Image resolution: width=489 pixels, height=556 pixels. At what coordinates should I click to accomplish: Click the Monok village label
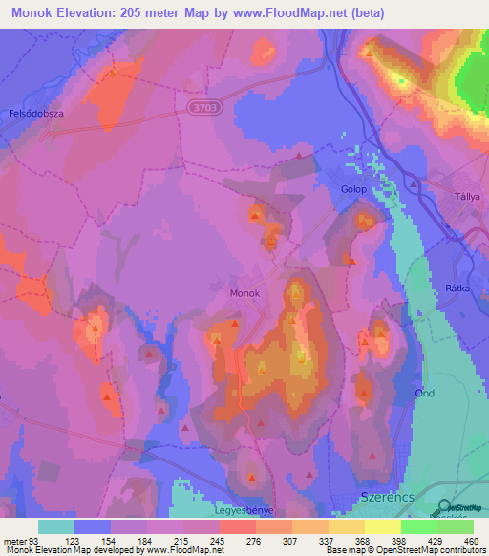pos(244,293)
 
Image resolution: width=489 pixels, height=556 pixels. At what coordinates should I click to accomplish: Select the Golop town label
pos(354,189)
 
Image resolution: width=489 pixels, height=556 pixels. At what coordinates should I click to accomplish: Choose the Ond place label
pos(425,394)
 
